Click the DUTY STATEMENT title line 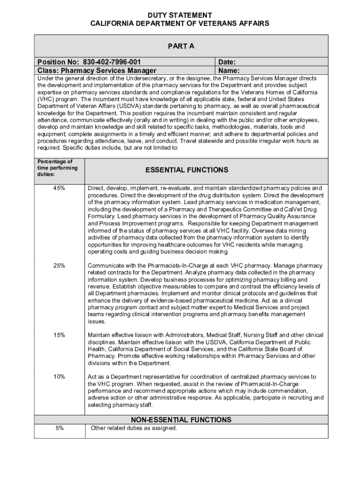click(x=180, y=15)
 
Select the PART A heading click(x=181, y=46)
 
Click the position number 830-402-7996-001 click(x=112, y=62)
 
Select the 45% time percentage click(x=59, y=188)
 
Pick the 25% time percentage click(x=59, y=266)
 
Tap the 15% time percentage click(x=59, y=335)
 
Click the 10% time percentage click(x=59, y=377)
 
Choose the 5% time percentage click(x=59, y=428)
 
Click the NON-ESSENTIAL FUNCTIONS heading click(x=181, y=420)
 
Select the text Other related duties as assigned click(x=134, y=428)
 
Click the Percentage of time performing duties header click(x=55, y=168)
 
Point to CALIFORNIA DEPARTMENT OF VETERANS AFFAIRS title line click(x=180, y=23)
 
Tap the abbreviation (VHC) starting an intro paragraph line click(x=46, y=99)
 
